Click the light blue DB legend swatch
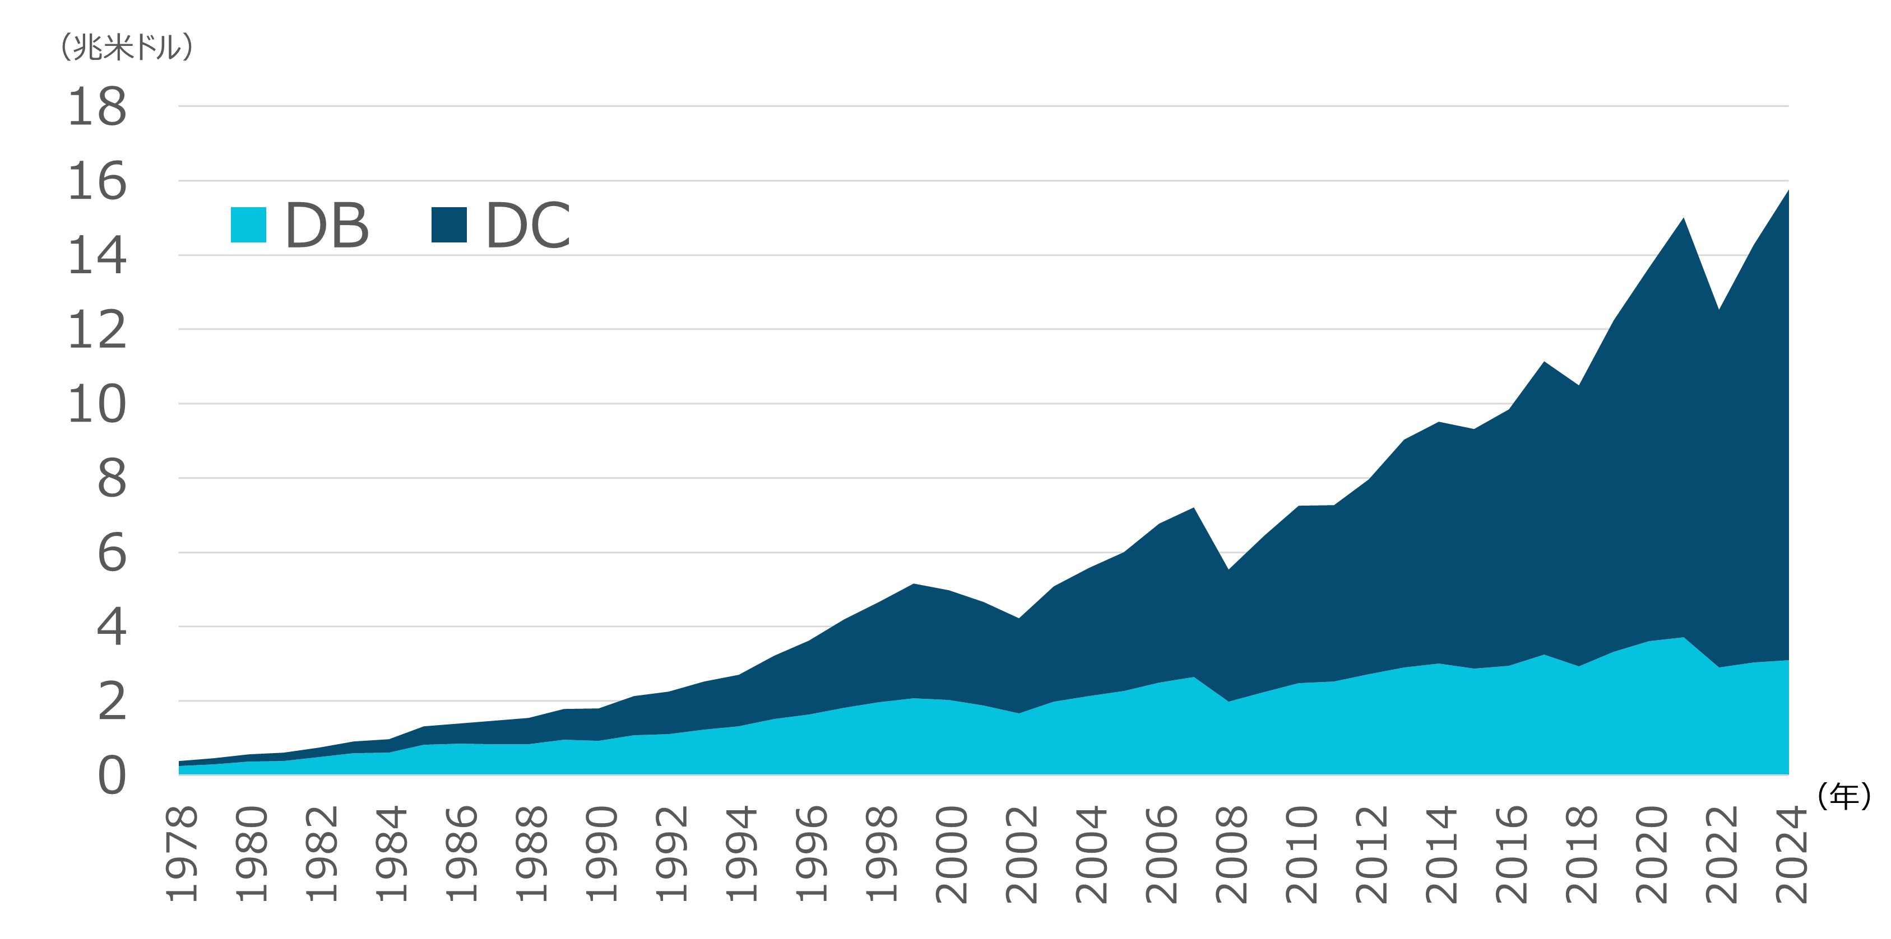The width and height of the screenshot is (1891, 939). [248, 225]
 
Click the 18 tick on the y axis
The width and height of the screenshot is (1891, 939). [97, 107]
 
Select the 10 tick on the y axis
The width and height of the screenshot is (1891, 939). [97, 404]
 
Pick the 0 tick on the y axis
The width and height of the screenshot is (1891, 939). [112, 776]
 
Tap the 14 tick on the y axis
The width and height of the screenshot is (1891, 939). [97, 256]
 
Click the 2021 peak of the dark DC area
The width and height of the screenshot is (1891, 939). [1683, 218]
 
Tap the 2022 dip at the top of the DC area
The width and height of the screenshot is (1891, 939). [1718, 310]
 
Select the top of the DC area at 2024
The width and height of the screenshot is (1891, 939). [1787, 191]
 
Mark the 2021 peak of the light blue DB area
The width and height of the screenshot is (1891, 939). [1683, 638]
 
